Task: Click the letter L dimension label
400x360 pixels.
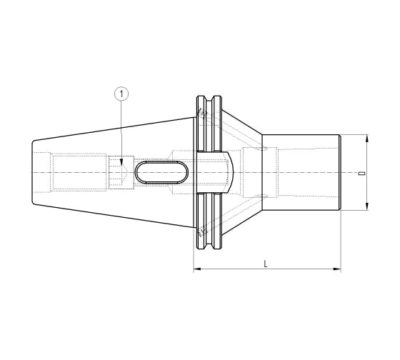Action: (x=266, y=263)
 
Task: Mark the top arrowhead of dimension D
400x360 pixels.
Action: (x=367, y=138)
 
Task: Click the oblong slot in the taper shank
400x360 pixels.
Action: (x=162, y=172)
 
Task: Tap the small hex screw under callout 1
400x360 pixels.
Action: (x=119, y=172)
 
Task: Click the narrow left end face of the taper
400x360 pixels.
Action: (x=33, y=172)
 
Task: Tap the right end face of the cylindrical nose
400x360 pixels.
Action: (x=340, y=172)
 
